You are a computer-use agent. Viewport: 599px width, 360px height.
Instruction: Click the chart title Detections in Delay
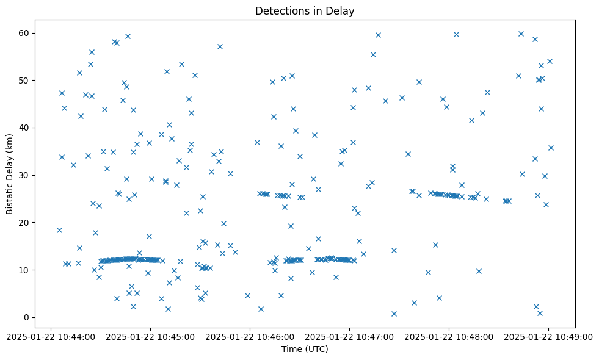[305, 11]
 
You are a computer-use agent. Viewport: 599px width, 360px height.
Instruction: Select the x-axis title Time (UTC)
[305, 349]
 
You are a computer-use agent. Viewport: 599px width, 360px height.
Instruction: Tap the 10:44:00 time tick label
[51, 336]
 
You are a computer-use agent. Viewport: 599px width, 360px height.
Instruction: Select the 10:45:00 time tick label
[150, 336]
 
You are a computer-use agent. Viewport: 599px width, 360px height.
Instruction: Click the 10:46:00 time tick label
[250, 336]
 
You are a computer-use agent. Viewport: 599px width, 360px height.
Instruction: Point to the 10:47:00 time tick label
[350, 336]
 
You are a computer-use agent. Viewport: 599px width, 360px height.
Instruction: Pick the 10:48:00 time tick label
[449, 336]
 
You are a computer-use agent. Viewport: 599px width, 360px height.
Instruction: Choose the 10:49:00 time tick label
[549, 336]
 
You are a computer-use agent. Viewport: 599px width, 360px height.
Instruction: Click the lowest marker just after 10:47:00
[394, 314]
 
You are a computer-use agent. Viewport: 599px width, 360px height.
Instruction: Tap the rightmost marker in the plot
[551, 148]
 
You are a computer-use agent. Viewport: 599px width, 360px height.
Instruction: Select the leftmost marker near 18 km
[59, 230]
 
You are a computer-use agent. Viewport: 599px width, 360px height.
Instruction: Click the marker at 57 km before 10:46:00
[220, 46]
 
